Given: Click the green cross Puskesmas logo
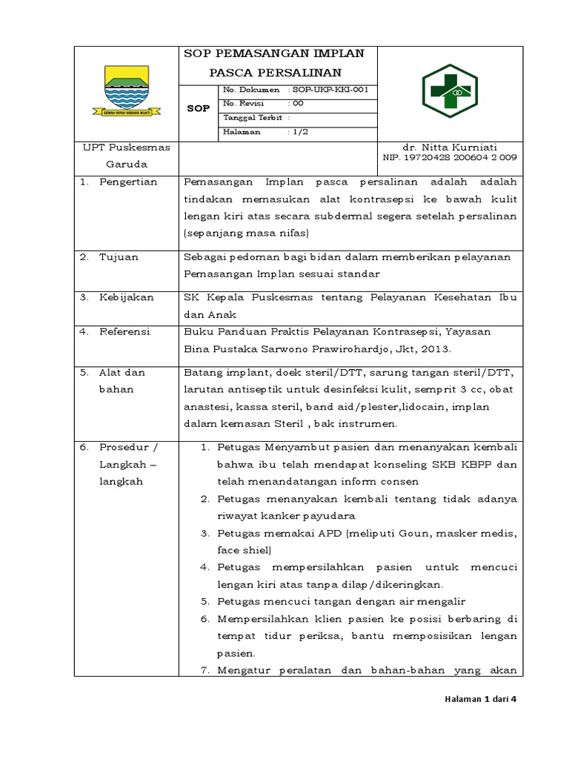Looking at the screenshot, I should [450, 91].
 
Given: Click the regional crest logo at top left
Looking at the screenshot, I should [127, 91].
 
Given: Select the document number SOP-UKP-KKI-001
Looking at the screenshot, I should [330, 90].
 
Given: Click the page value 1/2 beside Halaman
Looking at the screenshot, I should [304, 131].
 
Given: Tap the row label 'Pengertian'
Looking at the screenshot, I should [127, 182].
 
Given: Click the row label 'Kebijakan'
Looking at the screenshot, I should [126, 297].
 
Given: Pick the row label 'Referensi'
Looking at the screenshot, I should [124, 331].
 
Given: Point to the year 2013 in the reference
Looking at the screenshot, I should [439, 348].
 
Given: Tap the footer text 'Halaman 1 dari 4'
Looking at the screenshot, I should [479, 707].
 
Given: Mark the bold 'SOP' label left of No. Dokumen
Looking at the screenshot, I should [198, 108].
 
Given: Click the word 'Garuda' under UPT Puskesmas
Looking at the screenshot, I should [125, 164].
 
